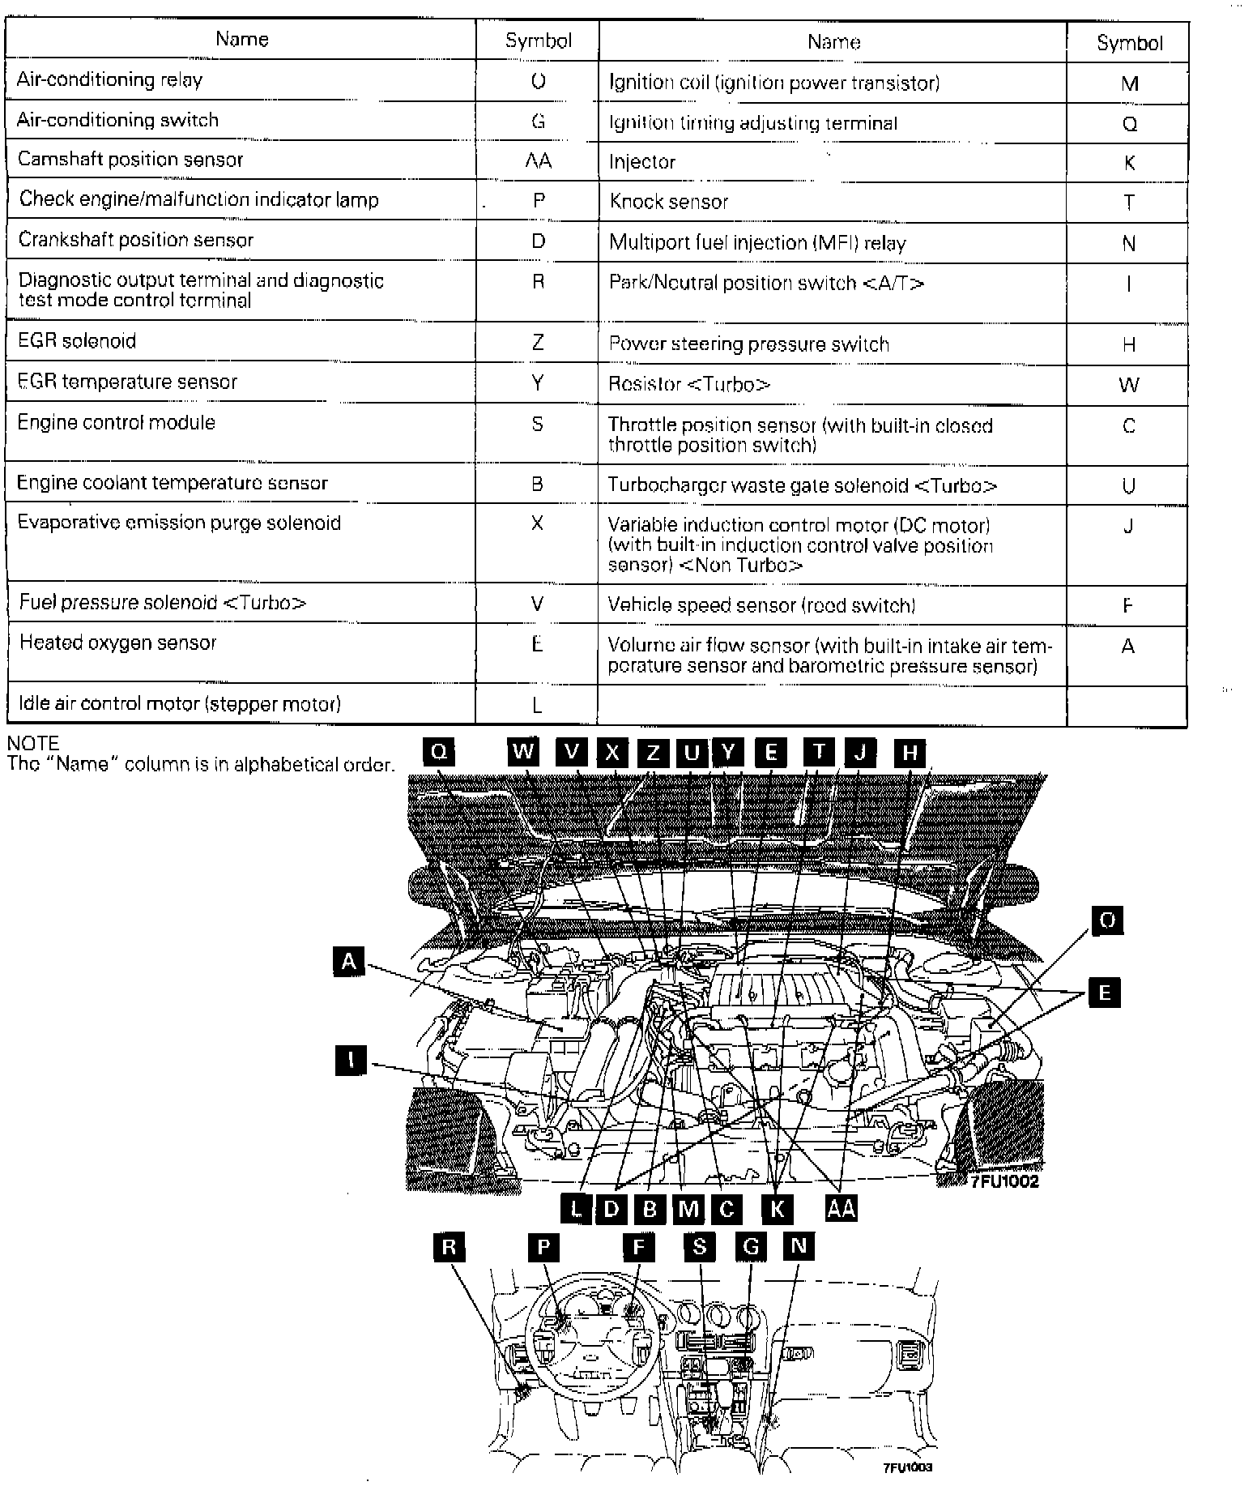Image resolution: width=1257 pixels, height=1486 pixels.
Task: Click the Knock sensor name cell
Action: click(x=669, y=202)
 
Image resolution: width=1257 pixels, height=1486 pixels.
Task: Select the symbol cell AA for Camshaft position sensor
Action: click(x=538, y=160)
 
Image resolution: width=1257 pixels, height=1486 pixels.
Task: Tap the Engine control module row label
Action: click(x=117, y=423)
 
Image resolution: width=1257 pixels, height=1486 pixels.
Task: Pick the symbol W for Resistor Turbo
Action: click(x=1128, y=385)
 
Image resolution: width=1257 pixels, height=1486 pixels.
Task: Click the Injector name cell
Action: click(x=642, y=162)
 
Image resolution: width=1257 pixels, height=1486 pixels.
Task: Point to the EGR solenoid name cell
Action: click(x=77, y=341)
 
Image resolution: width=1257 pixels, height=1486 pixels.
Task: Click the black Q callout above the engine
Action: click(x=439, y=752)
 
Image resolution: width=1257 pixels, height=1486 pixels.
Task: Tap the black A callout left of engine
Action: click(x=349, y=962)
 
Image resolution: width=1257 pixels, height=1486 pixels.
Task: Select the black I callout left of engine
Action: click(x=350, y=1061)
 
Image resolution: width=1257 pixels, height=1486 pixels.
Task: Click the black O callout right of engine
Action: click(x=1107, y=920)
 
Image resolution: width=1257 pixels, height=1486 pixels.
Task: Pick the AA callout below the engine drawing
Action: click(x=841, y=1208)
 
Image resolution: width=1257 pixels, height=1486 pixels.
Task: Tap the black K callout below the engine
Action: click(x=777, y=1209)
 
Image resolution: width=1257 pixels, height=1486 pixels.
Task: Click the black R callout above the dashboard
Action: click(x=449, y=1247)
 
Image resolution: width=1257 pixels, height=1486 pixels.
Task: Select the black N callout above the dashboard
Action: click(x=799, y=1246)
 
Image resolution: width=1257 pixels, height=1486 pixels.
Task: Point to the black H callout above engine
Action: click(x=910, y=753)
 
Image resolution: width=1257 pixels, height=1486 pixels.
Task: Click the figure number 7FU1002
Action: click(x=1004, y=1182)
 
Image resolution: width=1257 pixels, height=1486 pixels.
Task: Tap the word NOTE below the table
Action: click(x=33, y=744)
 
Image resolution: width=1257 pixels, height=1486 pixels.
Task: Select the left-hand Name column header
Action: click(x=241, y=39)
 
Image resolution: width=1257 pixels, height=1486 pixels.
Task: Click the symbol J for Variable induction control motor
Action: click(x=1128, y=527)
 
